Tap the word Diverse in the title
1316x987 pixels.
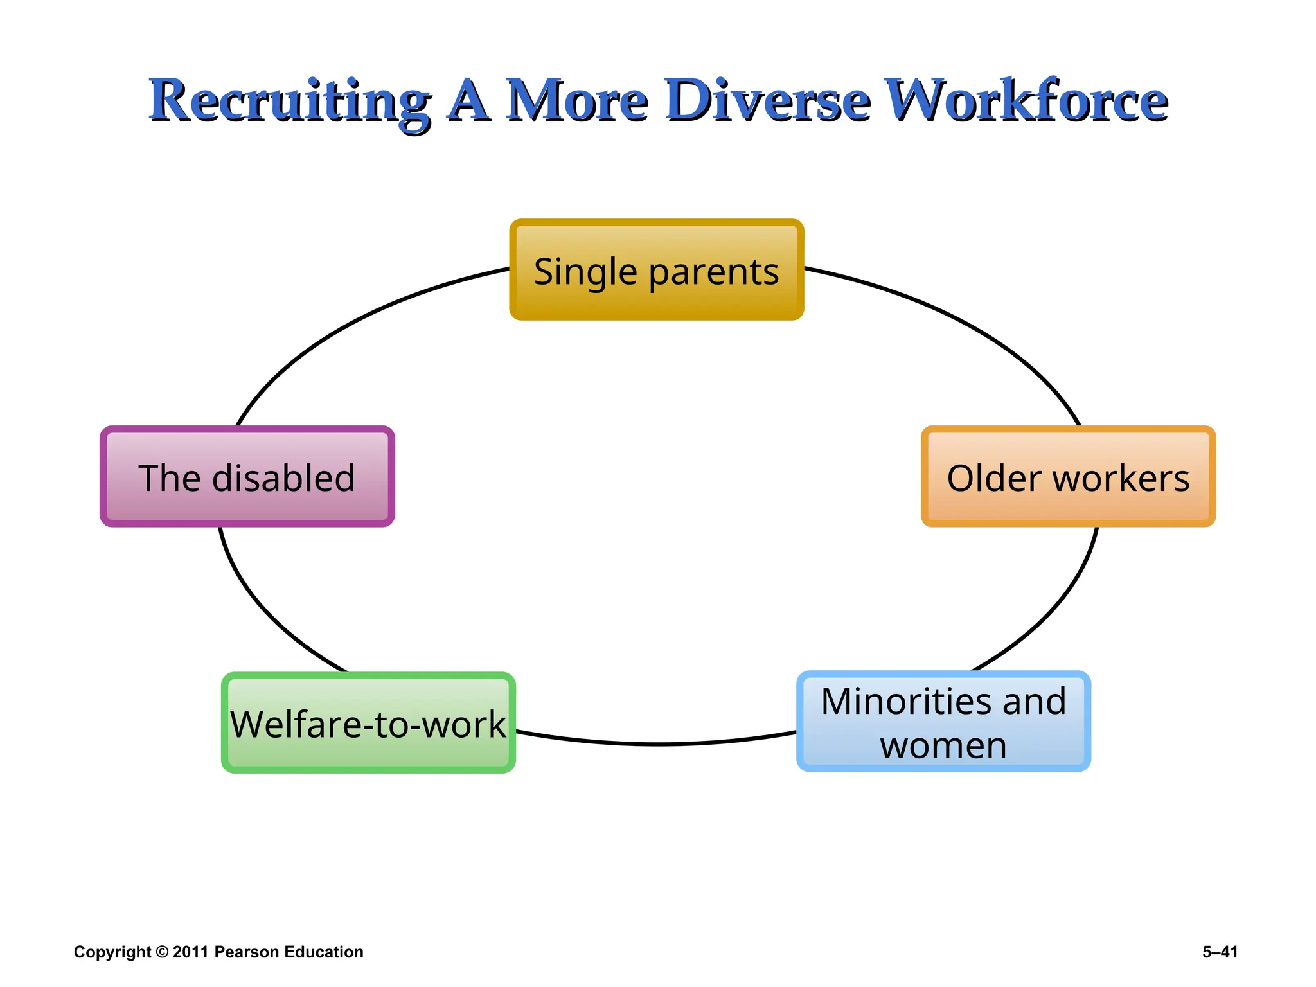coord(768,101)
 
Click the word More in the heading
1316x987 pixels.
coord(576,101)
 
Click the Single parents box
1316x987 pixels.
coord(656,269)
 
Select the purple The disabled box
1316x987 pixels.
coord(247,476)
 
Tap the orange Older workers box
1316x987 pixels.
coord(1068,476)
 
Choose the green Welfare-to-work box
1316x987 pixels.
coord(368,723)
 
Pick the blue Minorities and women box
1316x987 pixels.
coord(943,721)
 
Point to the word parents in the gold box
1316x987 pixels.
coord(713,272)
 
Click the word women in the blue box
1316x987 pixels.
coord(943,745)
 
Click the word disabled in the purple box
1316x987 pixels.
coord(283,478)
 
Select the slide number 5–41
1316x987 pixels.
coord(1220,952)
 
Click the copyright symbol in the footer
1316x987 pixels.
coord(162,952)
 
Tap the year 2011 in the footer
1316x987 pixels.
coord(191,952)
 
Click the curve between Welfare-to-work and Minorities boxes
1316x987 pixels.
coord(655,744)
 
